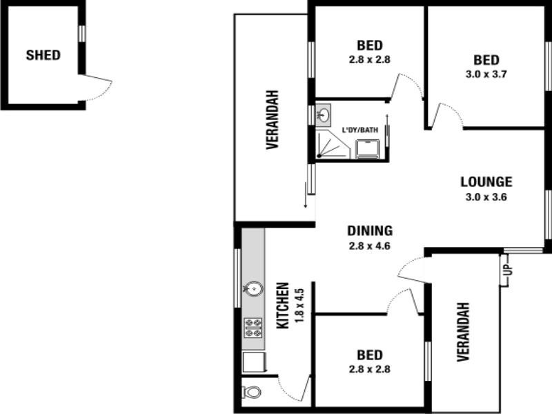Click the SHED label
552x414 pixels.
point(43,55)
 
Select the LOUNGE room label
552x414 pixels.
point(486,182)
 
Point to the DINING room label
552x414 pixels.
point(370,231)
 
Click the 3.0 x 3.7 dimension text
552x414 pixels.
point(486,75)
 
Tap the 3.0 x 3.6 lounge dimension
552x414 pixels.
point(486,197)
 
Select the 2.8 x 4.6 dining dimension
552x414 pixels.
point(370,245)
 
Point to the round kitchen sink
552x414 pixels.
point(253,288)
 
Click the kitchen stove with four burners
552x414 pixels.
point(253,327)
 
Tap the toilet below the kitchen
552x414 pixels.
point(253,392)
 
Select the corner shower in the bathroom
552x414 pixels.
point(331,146)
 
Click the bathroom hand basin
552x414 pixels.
point(324,114)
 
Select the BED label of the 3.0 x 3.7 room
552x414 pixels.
point(486,60)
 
